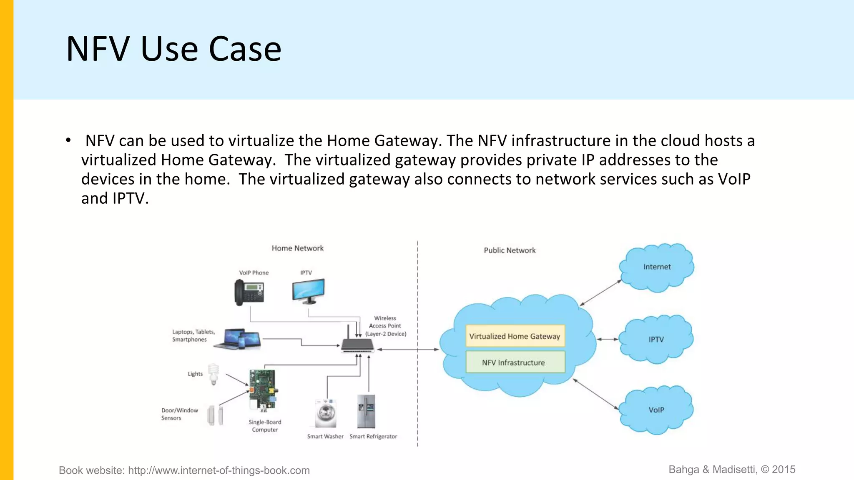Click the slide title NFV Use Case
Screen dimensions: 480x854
pyautogui.click(x=173, y=49)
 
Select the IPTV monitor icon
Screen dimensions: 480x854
pyautogui.click(x=308, y=290)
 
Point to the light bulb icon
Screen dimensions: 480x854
pyautogui.click(x=213, y=374)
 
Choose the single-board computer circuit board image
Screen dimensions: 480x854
pyautogui.click(x=263, y=390)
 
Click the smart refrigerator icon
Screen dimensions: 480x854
pyautogui.click(x=366, y=411)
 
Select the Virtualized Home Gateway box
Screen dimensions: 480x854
pyautogui.click(x=515, y=336)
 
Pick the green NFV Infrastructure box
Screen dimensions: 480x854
pyautogui.click(x=515, y=362)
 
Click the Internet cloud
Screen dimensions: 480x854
pyautogui.click(x=657, y=267)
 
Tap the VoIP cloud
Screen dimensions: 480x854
pyautogui.click(x=656, y=410)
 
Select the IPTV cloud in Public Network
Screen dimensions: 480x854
pyautogui.click(x=656, y=339)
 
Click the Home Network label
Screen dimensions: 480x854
pyautogui.click(x=297, y=248)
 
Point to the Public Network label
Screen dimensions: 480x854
pyautogui.click(x=510, y=250)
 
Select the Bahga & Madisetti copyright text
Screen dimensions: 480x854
pyautogui.click(x=732, y=470)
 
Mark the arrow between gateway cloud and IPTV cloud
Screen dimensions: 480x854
pyautogui.click(x=608, y=339)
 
